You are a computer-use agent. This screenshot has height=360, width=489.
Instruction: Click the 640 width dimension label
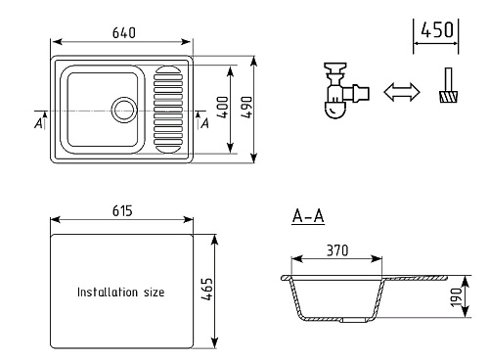pyautogui.click(x=124, y=33)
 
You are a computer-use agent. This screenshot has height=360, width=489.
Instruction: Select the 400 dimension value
pyautogui.click(x=223, y=108)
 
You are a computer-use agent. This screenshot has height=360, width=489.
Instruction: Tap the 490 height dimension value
pyautogui.click(x=246, y=108)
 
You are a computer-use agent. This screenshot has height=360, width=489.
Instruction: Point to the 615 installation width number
pyautogui.click(x=122, y=211)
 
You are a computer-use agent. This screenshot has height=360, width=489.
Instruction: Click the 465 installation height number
pyautogui.click(x=207, y=289)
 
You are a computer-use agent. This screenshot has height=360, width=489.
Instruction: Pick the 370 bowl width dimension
pyautogui.click(x=337, y=250)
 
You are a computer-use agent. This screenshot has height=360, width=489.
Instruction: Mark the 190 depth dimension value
pyautogui.click(x=457, y=297)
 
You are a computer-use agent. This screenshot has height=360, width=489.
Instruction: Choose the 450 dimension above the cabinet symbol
pyautogui.click(x=437, y=29)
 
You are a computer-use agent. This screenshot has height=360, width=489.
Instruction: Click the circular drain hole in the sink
pyautogui.click(x=124, y=110)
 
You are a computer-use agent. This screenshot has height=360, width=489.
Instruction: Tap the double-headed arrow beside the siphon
pyautogui.click(x=402, y=92)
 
